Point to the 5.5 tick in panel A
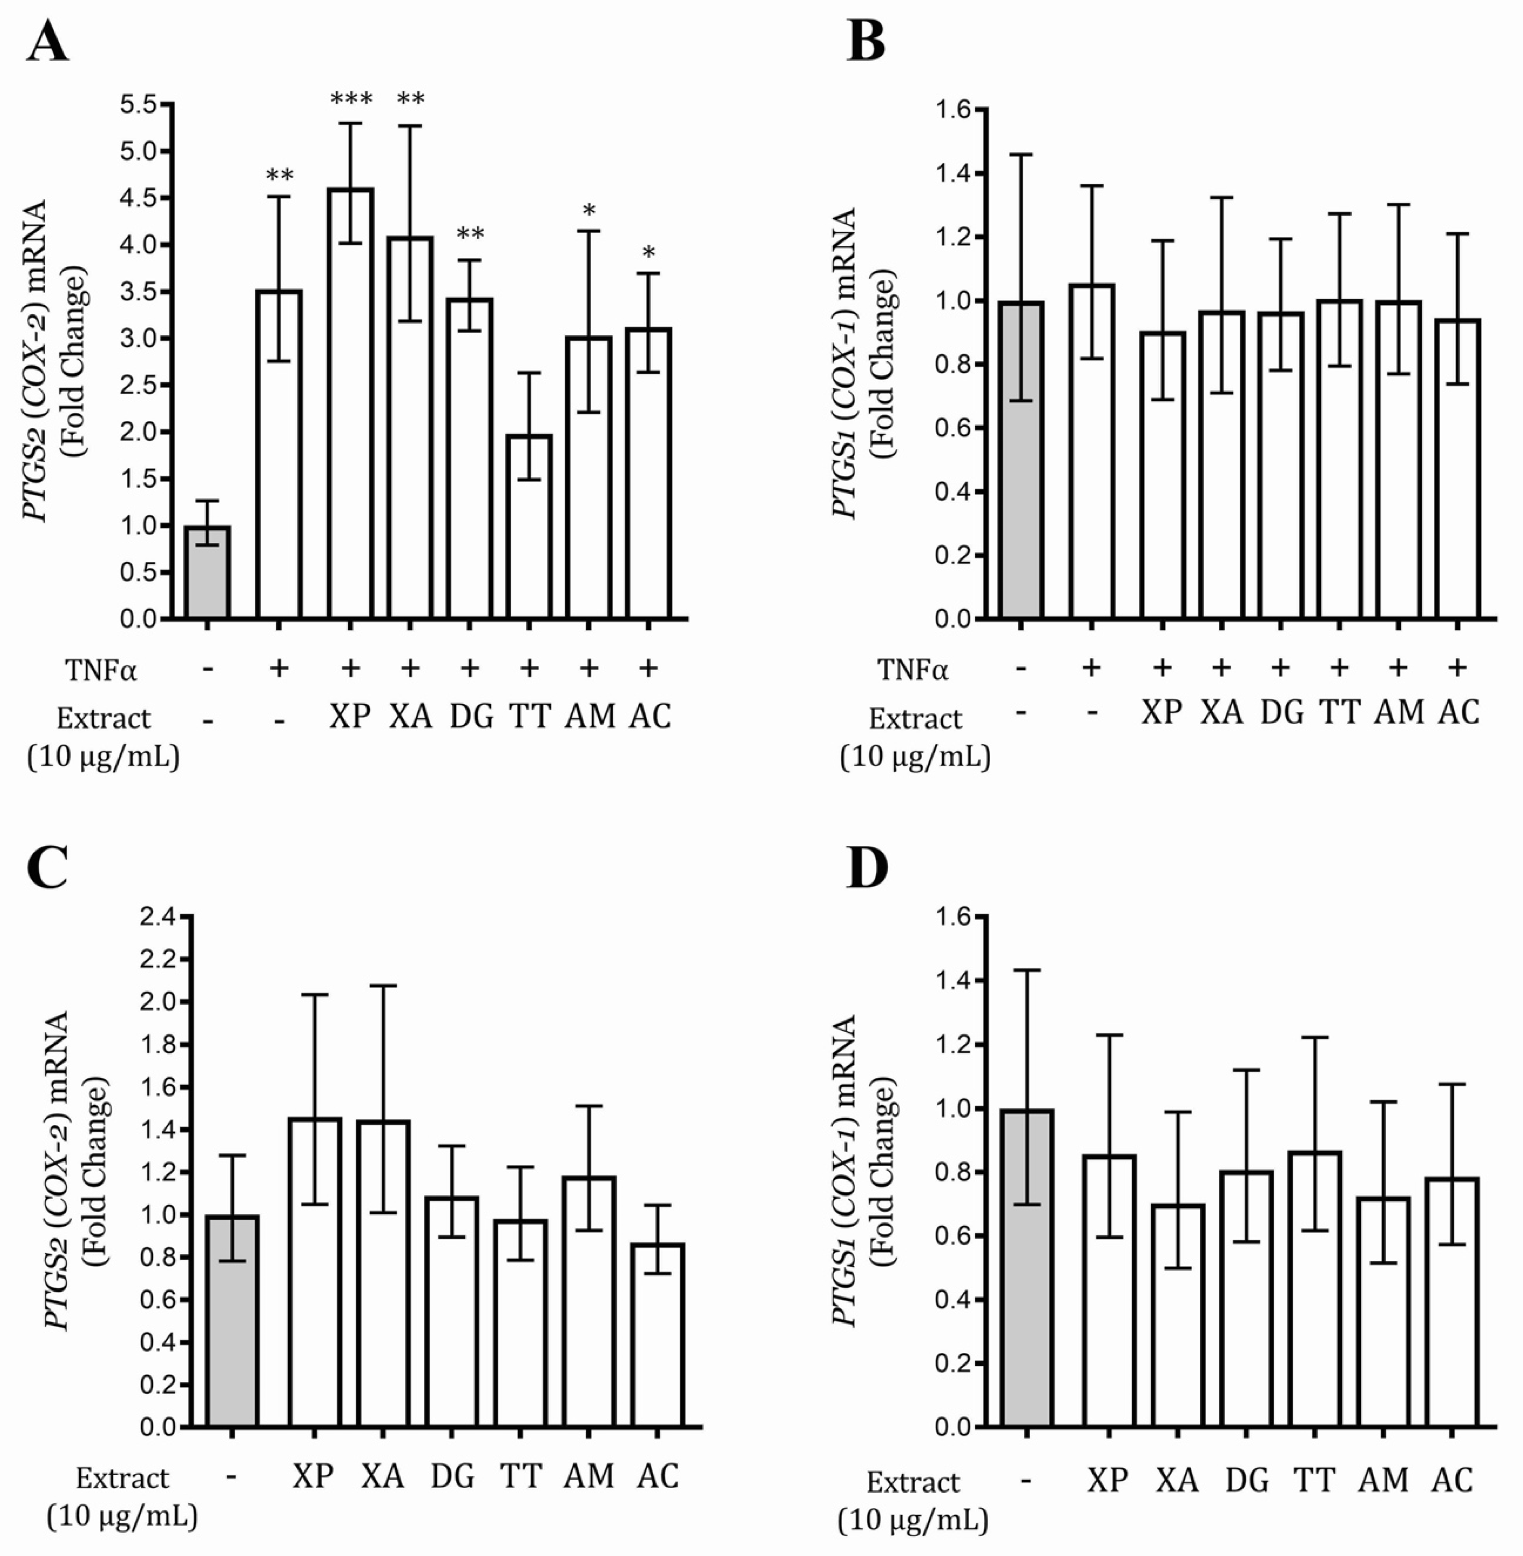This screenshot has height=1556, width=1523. pos(139,105)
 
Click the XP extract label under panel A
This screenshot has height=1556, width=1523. pos(350,717)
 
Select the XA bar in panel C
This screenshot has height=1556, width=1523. pos(383,1274)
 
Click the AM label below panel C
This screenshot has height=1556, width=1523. pos(589,1475)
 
